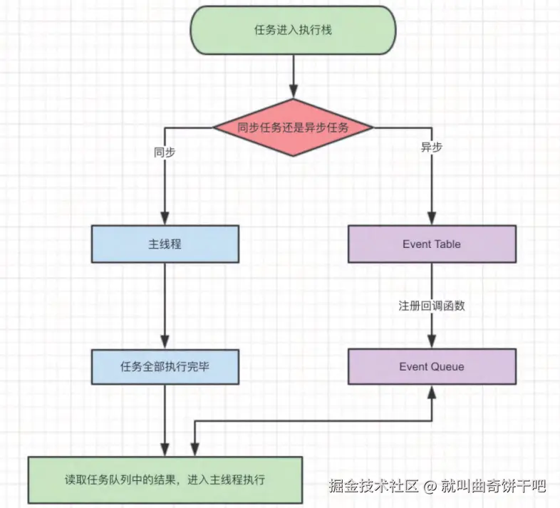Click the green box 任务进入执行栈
[x=293, y=30]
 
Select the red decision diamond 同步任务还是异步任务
[x=293, y=128]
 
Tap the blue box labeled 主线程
[x=165, y=244]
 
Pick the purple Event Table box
[x=432, y=244]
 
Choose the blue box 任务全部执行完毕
[x=165, y=366]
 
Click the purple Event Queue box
[x=432, y=366]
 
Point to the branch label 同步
[x=165, y=152]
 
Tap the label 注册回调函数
[x=432, y=306]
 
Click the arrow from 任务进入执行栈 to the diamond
[x=293, y=75]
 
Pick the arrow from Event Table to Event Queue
[x=432, y=285]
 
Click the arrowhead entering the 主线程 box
[x=165, y=220]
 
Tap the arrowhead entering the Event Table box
[x=432, y=220]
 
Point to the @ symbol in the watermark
[x=430, y=487]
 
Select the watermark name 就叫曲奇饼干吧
[x=492, y=487]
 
